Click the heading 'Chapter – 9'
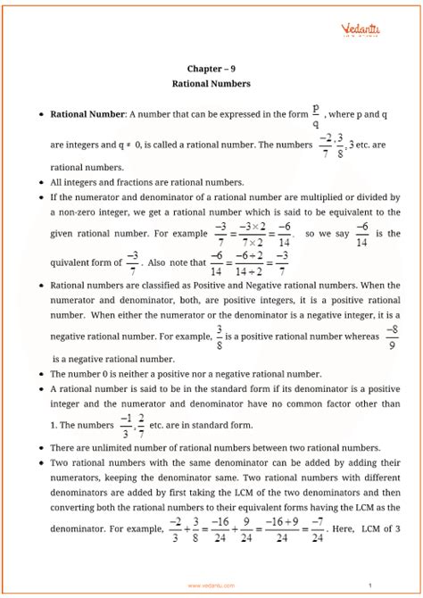211,68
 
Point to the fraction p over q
315,115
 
